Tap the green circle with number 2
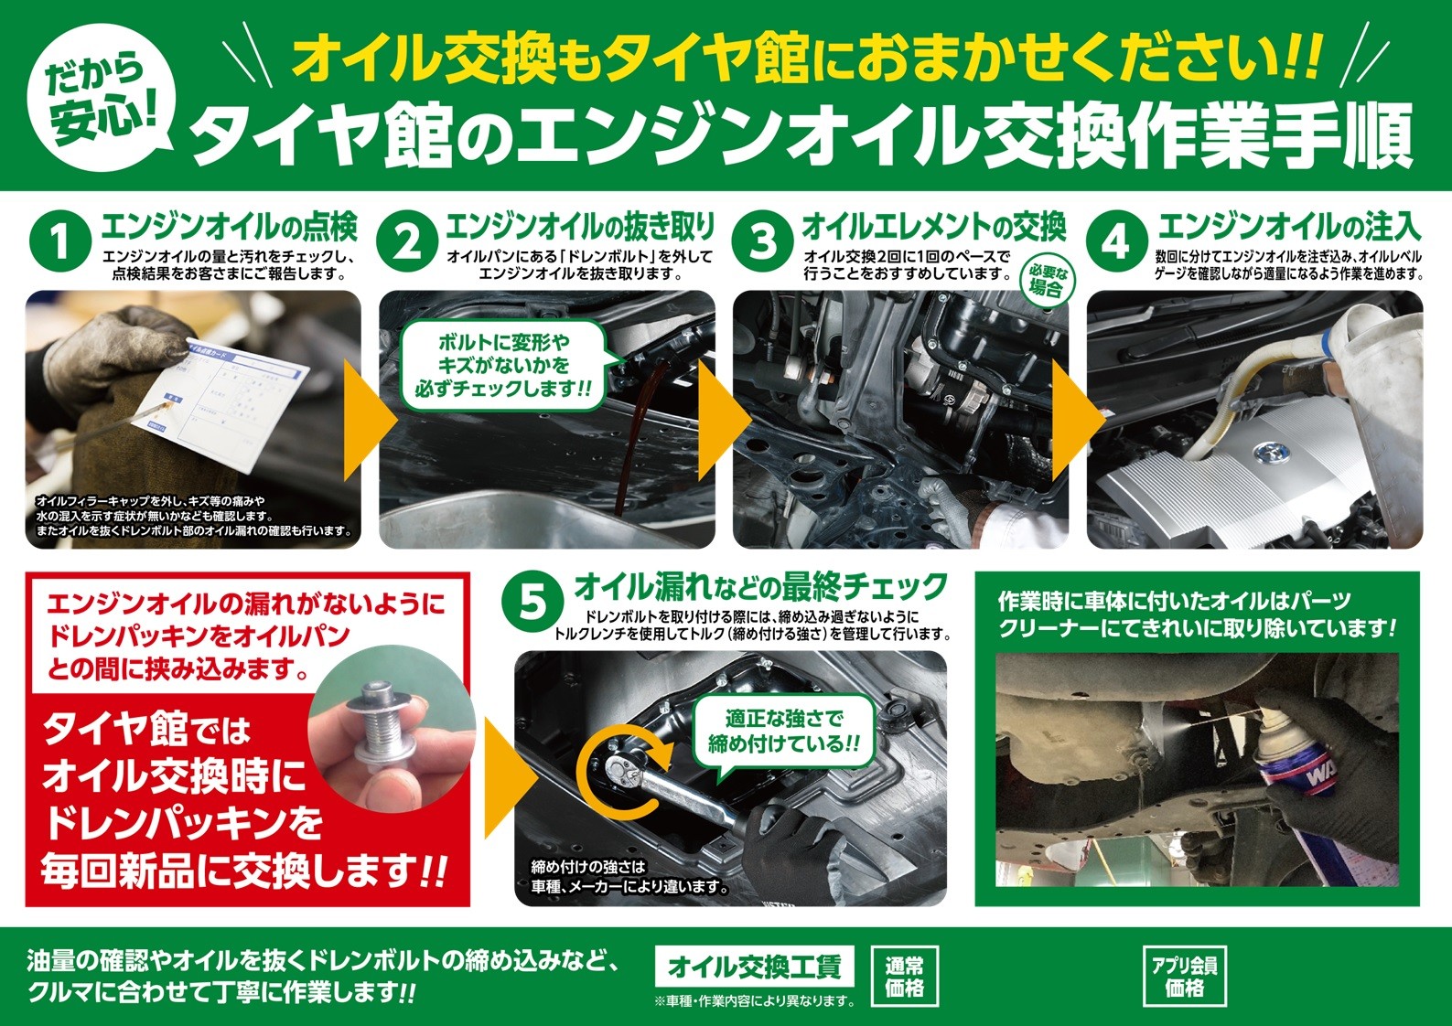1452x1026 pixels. click(x=406, y=244)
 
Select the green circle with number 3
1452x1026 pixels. click(x=761, y=244)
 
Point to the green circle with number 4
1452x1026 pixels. click(x=1115, y=244)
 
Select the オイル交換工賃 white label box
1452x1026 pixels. click(x=755, y=967)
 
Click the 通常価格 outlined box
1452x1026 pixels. click(x=904, y=976)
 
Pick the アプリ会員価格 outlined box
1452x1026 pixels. click(x=1184, y=976)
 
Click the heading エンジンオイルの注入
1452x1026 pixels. click(x=1288, y=227)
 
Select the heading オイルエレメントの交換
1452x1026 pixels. click(x=933, y=227)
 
